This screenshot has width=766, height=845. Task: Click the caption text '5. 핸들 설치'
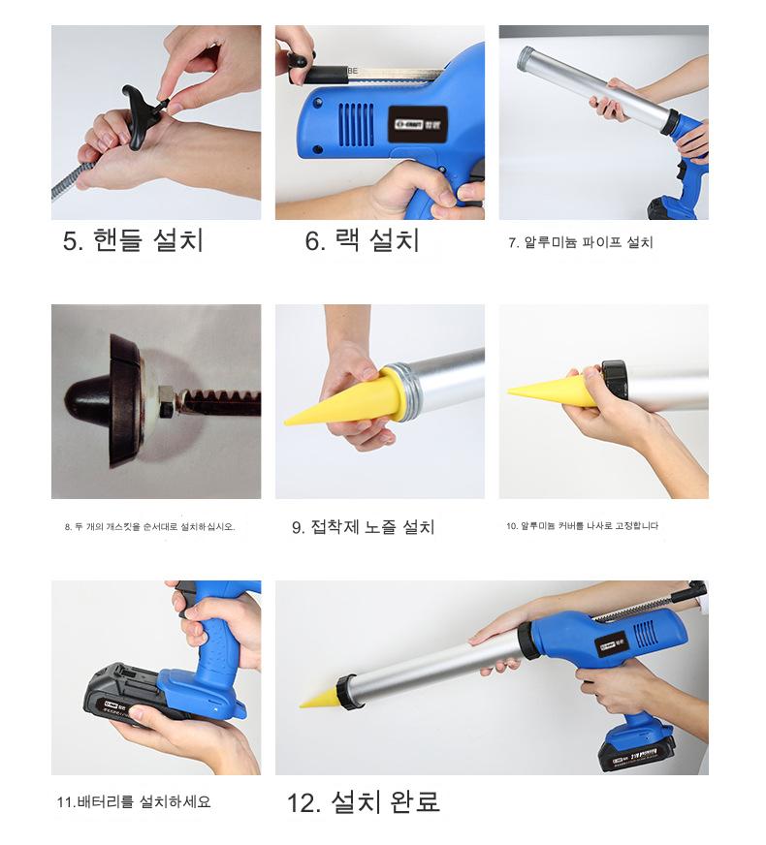click(x=133, y=240)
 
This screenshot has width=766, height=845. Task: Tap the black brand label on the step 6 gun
click(x=417, y=124)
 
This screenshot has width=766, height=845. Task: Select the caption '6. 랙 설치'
click(x=362, y=240)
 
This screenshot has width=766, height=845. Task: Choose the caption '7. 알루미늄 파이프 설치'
click(x=581, y=242)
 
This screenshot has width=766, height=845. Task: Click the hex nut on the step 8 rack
click(x=167, y=401)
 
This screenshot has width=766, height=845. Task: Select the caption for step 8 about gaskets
click(x=150, y=526)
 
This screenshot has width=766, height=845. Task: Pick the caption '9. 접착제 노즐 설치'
click(x=363, y=526)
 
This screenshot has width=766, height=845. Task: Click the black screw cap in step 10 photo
click(x=615, y=380)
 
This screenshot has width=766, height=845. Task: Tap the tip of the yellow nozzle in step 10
click(x=509, y=391)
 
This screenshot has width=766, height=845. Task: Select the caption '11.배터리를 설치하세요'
click(x=134, y=802)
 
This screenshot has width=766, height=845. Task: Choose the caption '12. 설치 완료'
click(x=363, y=802)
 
